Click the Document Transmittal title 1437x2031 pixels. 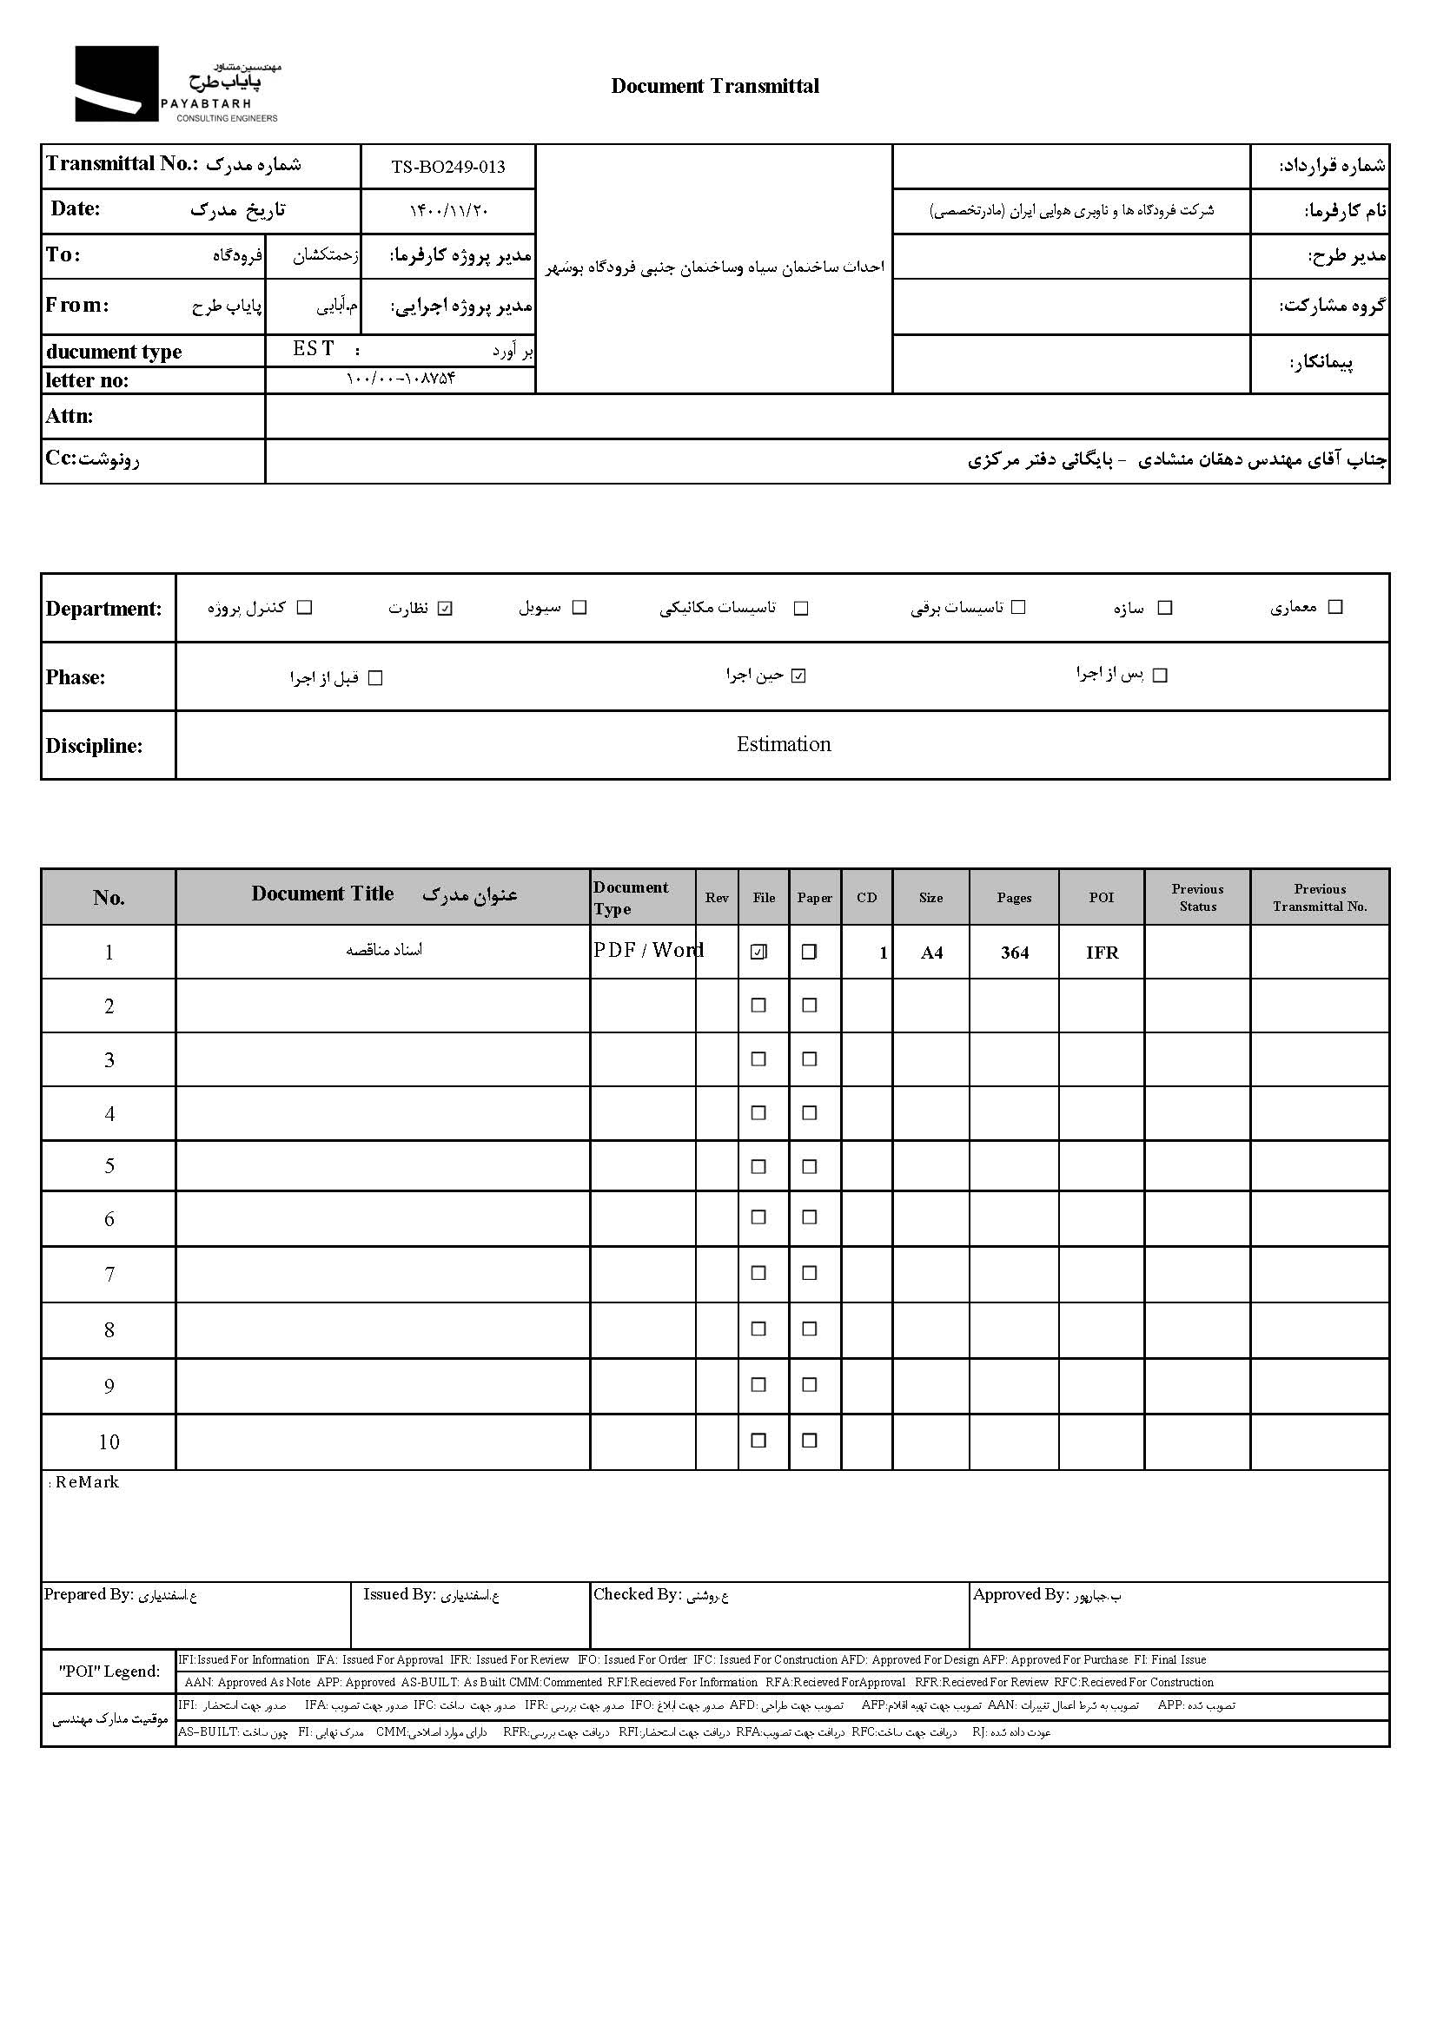[715, 86]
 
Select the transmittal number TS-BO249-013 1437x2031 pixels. [447, 168]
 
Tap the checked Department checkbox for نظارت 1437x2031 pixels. [445, 608]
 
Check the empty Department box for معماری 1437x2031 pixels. [1335, 607]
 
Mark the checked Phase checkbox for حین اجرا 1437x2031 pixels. [798, 676]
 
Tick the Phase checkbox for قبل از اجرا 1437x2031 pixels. [375, 678]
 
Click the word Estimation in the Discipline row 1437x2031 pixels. [783, 744]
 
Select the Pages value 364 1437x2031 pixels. [1014, 953]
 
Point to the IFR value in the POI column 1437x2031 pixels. [1102, 953]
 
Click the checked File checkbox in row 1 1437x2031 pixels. [758, 952]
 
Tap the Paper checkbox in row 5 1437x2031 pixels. [809, 1167]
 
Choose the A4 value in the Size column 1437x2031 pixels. [930, 953]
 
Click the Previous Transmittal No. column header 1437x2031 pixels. [1320, 897]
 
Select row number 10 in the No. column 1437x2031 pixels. [109, 1442]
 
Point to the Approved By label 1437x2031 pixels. [1020, 1594]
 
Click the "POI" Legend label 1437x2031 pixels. [109, 1671]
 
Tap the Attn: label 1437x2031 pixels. [69, 416]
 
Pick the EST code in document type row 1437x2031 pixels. [314, 349]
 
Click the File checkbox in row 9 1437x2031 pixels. [758, 1385]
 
